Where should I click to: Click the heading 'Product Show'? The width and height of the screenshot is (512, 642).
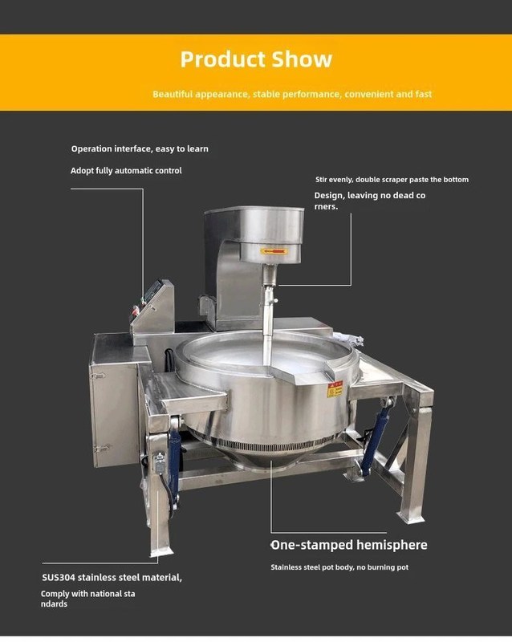(x=256, y=59)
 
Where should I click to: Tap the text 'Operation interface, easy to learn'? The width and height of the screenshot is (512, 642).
(x=140, y=148)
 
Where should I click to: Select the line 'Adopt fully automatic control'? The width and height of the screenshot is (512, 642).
(x=126, y=170)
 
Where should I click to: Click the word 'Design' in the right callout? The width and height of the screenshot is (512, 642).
(x=328, y=196)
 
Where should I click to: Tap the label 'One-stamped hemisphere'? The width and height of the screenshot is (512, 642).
(x=349, y=545)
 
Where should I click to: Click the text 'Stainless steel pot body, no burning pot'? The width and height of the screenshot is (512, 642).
(x=339, y=567)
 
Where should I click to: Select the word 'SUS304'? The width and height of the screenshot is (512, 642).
(x=59, y=577)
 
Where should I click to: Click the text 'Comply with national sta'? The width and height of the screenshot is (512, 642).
(x=88, y=593)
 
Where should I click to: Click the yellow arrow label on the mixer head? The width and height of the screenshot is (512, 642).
(x=273, y=251)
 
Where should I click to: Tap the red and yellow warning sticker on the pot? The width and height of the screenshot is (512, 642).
(x=335, y=389)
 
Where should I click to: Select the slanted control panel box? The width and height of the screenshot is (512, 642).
(x=153, y=307)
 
